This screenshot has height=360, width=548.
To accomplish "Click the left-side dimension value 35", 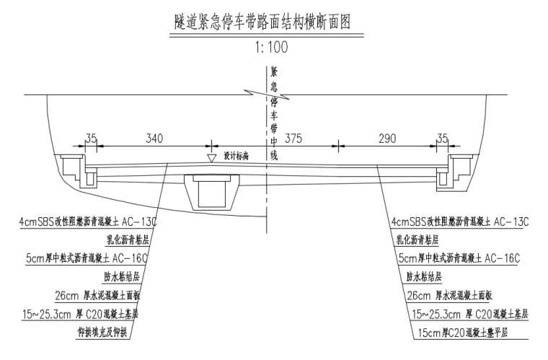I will point(90,138).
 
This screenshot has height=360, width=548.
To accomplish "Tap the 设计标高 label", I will point(236,156).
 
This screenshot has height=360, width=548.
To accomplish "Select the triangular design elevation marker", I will point(211,157).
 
